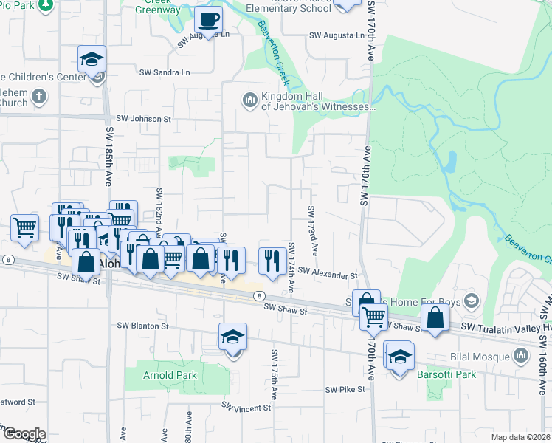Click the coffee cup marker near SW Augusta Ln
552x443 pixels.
tap(207, 20)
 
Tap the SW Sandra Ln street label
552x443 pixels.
tap(165, 72)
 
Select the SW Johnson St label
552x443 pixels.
tap(144, 118)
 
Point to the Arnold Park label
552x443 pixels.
tap(170, 375)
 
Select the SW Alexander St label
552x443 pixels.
tap(328, 275)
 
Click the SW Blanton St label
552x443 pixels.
tap(142, 325)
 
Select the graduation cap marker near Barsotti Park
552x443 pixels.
tap(399, 357)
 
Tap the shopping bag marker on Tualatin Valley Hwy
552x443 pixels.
tap(435, 318)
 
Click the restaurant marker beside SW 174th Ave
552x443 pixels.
tap(272, 261)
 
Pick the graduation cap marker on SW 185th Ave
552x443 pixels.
tap(92, 60)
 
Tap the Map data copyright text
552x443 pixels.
tap(520, 437)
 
